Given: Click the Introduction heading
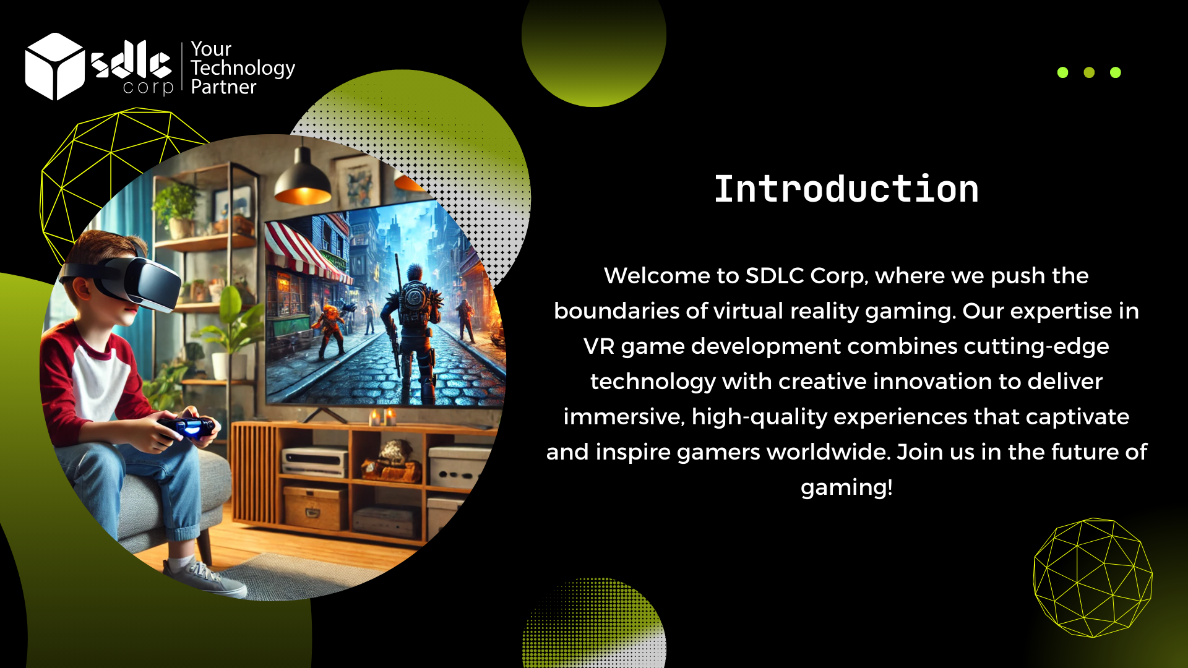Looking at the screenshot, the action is [x=846, y=189].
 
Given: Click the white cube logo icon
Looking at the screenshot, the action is [x=54, y=66].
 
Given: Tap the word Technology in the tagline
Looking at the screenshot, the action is [x=243, y=68].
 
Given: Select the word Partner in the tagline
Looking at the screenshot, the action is [x=223, y=87].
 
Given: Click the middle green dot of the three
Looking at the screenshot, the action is [x=1089, y=72].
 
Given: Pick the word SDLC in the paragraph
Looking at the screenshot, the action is [x=775, y=276].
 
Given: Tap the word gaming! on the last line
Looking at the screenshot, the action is [x=846, y=488].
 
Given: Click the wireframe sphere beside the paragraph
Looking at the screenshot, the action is [x=1093, y=578].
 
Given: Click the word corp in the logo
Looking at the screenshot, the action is [x=148, y=87].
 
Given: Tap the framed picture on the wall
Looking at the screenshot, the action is [x=356, y=181].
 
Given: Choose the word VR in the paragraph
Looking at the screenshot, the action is [x=599, y=346].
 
